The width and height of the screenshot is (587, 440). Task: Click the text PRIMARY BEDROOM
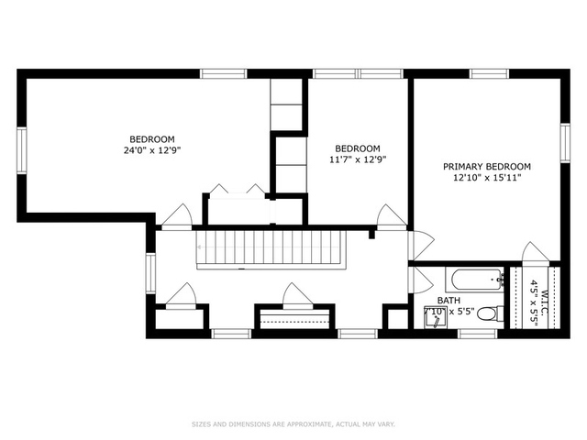click(x=487, y=167)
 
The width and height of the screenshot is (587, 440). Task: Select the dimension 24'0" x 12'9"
click(x=152, y=150)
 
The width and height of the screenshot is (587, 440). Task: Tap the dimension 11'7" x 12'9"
click(x=357, y=159)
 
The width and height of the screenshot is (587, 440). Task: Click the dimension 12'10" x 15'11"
click(x=487, y=178)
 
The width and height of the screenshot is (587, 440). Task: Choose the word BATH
click(x=449, y=300)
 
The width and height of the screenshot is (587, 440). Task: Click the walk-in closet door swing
click(x=533, y=252)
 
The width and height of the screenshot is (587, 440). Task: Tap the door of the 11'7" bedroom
click(x=391, y=216)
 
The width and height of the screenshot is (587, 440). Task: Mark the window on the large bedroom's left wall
click(x=21, y=148)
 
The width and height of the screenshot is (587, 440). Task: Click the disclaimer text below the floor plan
click(x=293, y=424)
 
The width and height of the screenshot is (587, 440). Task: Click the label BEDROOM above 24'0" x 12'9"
click(x=152, y=139)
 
